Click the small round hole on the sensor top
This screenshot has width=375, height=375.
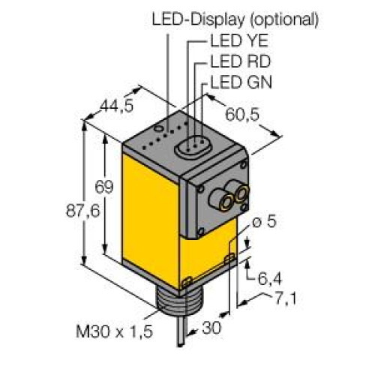pos(169,117)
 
